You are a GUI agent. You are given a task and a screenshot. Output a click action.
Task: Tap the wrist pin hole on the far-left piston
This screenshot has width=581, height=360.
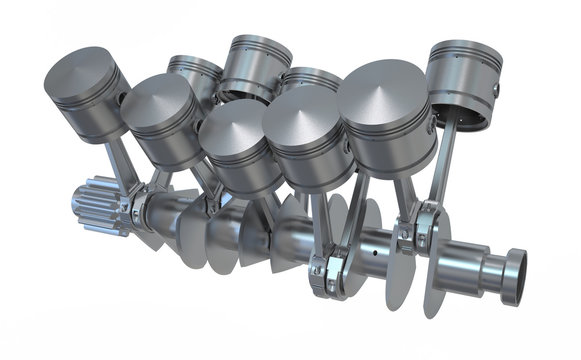click(x=123, y=99)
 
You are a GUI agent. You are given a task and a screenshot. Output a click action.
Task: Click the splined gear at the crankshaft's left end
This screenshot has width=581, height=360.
click(x=94, y=206)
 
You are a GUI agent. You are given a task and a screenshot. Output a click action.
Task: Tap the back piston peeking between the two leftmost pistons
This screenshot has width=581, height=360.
click(x=194, y=76)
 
